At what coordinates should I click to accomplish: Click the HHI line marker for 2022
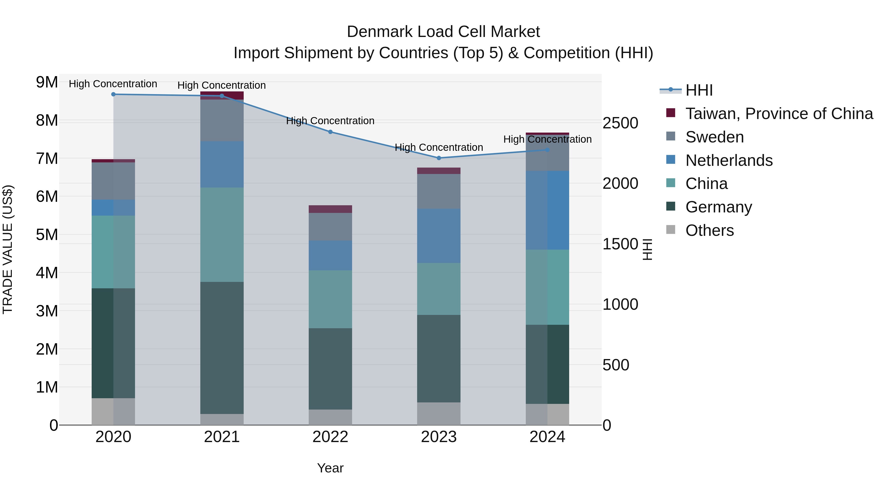(x=330, y=132)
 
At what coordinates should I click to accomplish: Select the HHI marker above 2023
(x=439, y=158)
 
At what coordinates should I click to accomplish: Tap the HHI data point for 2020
(x=113, y=94)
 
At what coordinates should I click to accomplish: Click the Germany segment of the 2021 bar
(x=222, y=348)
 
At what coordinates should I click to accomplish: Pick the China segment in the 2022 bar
(x=330, y=299)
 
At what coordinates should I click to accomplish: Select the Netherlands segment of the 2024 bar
(x=547, y=210)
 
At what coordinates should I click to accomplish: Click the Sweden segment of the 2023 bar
(x=439, y=191)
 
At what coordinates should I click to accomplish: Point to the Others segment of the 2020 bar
(x=113, y=412)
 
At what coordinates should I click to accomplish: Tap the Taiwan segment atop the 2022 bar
(x=330, y=209)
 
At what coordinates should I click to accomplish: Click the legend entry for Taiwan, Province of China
(x=779, y=114)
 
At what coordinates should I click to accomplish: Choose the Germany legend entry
(x=719, y=207)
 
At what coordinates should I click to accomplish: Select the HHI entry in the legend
(x=699, y=90)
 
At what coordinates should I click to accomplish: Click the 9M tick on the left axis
(x=47, y=82)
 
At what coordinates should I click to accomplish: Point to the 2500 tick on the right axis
(x=620, y=123)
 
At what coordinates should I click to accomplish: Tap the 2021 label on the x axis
(x=222, y=437)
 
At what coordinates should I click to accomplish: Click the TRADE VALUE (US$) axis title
(x=8, y=249)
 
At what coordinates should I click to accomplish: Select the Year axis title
(x=330, y=468)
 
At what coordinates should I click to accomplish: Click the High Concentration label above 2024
(x=547, y=139)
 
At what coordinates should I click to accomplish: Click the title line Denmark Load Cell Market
(x=443, y=32)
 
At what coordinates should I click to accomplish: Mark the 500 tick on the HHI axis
(x=616, y=365)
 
